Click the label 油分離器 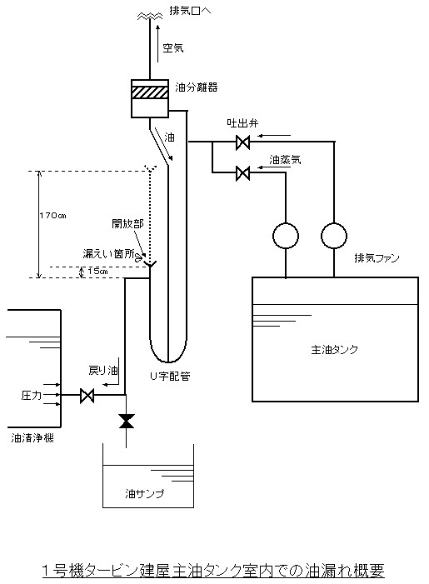click(197, 87)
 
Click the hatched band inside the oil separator click(149, 92)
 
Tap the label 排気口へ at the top click(190, 11)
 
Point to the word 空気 click(173, 48)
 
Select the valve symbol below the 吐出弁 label click(242, 142)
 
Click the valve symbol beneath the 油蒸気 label click(242, 172)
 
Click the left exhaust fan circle click(286, 236)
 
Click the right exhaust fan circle click(334, 236)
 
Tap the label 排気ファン click(377, 258)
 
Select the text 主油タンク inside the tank click(334, 350)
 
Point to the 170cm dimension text click(52, 216)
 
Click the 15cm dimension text click(97, 271)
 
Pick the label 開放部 click(127, 223)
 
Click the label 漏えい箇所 click(109, 253)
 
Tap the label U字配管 click(170, 377)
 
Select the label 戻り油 click(103, 370)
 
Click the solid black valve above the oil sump click(127, 421)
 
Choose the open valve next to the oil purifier click(87, 395)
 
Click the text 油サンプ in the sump click(144, 494)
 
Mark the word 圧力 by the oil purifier click(32, 395)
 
